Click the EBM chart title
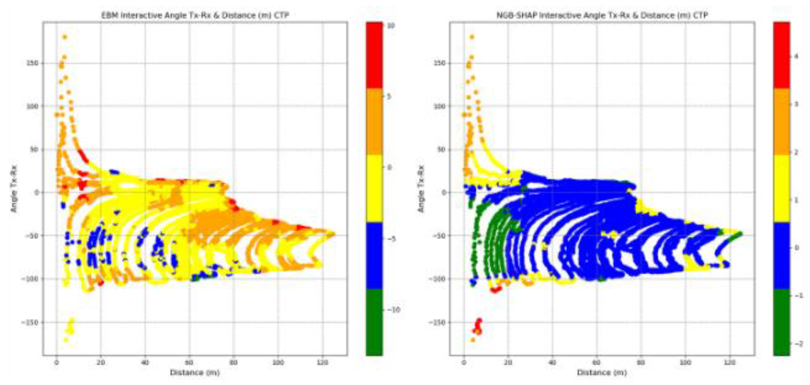coord(195,15)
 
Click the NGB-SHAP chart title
coord(602,15)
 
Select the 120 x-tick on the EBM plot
coord(322,363)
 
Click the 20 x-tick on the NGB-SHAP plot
coord(508,363)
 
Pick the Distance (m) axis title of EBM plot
coord(195,373)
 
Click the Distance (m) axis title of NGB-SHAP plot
coord(602,373)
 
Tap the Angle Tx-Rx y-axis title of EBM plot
coord(14,189)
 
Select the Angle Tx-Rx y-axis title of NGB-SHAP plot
coord(421,189)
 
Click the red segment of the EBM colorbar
coord(374,55)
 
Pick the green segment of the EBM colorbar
coord(374,322)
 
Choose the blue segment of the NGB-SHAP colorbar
coord(781,255)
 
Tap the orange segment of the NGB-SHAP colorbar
coord(781,122)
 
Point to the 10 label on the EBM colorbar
coord(391,26)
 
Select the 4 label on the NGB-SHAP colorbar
coord(796,57)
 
